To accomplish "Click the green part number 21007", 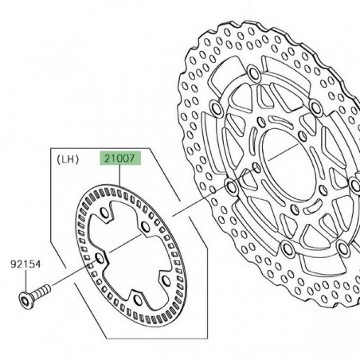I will [x=118, y=158].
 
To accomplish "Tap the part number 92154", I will [x=25, y=262].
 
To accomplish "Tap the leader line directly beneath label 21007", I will [x=118, y=175].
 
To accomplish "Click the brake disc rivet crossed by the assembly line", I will [x=231, y=188].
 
